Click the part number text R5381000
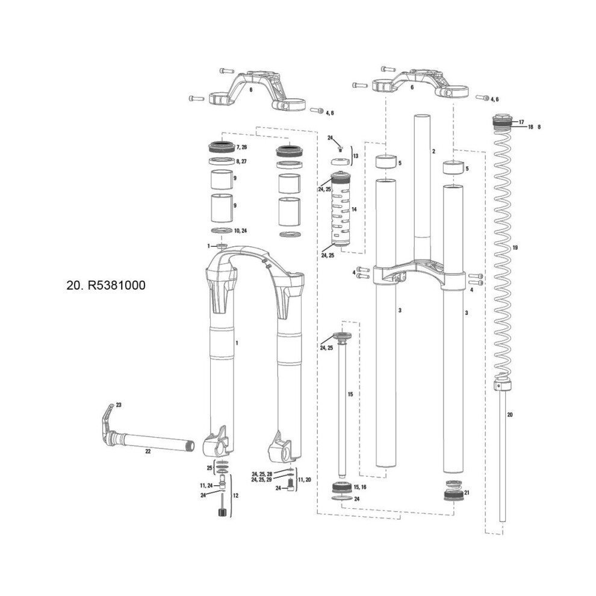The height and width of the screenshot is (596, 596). [x=117, y=285]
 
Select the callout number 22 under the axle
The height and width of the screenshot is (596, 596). [x=148, y=451]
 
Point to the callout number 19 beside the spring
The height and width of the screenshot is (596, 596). [x=515, y=248]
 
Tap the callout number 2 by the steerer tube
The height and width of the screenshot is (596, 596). [x=433, y=151]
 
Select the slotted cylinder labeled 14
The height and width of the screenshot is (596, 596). [x=341, y=209]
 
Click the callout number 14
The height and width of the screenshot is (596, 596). [x=354, y=210]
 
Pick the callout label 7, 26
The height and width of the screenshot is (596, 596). [x=241, y=147]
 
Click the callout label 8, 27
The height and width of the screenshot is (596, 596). [x=241, y=161]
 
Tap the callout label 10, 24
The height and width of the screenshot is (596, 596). [x=241, y=231]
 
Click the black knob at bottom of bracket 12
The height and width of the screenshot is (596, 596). [x=222, y=512]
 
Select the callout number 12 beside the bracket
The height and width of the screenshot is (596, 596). [x=235, y=495]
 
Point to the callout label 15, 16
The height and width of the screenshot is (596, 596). [x=360, y=487]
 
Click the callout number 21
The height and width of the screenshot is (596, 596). [x=467, y=492]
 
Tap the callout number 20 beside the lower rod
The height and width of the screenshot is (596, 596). [x=510, y=415]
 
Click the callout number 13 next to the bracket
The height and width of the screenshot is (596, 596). [x=356, y=156]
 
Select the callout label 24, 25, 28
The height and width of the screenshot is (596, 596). [x=262, y=474]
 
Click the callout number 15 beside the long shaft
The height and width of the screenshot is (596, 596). [x=350, y=394]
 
